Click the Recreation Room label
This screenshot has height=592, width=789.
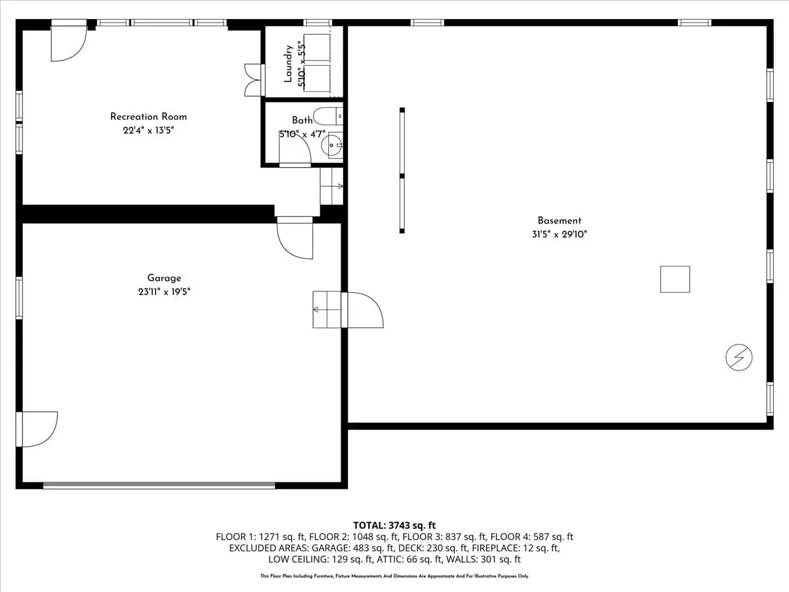click(x=149, y=117)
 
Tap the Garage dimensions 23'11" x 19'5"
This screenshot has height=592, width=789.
click(x=164, y=291)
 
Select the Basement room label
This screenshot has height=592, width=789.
click(x=560, y=220)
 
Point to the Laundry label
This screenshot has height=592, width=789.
click(x=288, y=64)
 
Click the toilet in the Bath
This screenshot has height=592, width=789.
click(x=328, y=116)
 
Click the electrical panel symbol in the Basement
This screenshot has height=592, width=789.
click(x=738, y=357)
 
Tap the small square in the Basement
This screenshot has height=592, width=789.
click(x=675, y=280)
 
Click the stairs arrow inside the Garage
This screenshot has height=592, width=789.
click(x=327, y=309)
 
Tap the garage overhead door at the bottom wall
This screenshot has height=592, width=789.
click(x=159, y=485)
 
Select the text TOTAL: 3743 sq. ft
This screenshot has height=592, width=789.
click(x=394, y=526)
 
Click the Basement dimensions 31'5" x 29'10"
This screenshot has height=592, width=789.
click(x=560, y=234)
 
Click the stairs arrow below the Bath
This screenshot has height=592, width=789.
click(x=332, y=186)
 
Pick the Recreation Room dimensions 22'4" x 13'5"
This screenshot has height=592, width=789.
click(x=149, y=130)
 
